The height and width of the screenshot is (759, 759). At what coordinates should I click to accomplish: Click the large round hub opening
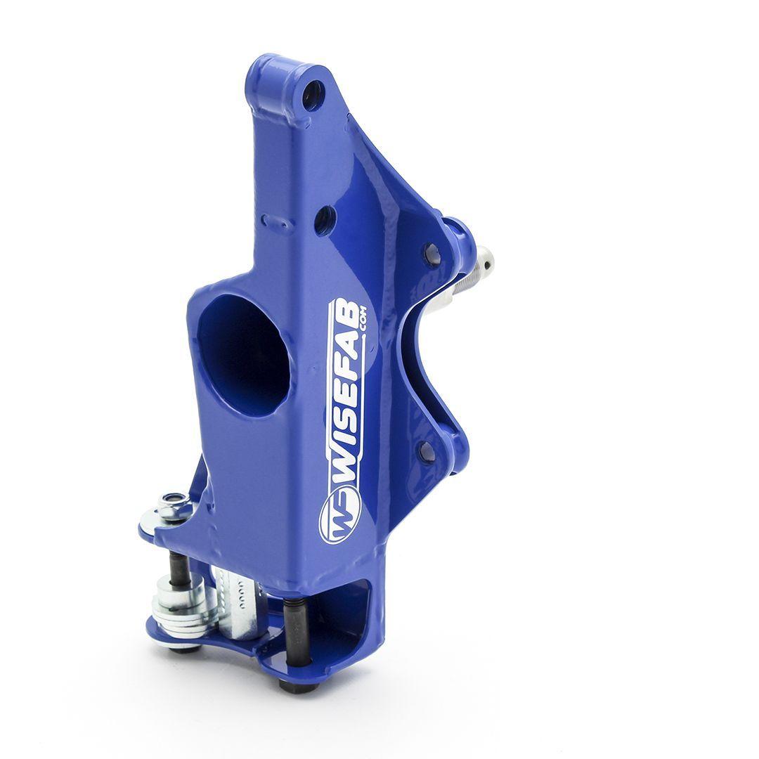tap(243, 354)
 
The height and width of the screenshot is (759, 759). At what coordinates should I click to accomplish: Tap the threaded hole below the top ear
tap(325, 220)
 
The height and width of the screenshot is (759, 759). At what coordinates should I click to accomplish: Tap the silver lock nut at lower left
tap(174, 504)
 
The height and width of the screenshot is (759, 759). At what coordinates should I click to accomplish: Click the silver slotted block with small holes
tap(239, 601)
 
